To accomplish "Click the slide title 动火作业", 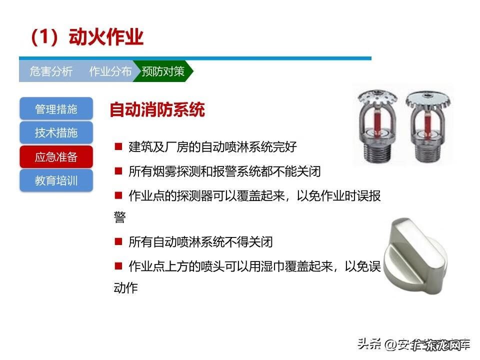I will (x=87, y=38).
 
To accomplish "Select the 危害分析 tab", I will (x=51, y=71).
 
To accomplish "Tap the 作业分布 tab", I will (x=110, y=71).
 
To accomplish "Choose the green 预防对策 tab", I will (x=163, y=71).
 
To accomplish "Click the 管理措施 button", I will (x=56, y=109).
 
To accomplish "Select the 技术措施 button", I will (x=56, y=133).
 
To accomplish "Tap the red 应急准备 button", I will (x=56, y=157).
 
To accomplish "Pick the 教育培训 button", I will (x=56, y=180).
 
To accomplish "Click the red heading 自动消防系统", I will (x=157, y=110).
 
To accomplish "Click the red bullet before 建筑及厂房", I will (x=118, y=146).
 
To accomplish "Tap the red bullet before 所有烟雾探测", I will (x=118, y=171).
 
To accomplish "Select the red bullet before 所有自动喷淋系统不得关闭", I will (x=118, y=241).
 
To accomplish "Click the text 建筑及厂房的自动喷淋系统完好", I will (x=212, y=147).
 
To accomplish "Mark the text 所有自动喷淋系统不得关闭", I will (x=200, y=242).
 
